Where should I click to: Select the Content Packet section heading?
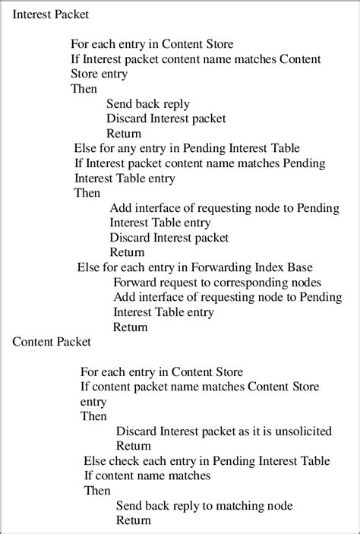[x=52, y=342]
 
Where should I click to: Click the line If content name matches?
[x=147, y=476]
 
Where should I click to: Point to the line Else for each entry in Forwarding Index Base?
[x=195, y=267]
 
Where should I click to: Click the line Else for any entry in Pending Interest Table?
[x=187, y=148]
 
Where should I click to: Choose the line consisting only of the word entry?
[x=94, y=402]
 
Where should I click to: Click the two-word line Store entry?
[x=99, y=74]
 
